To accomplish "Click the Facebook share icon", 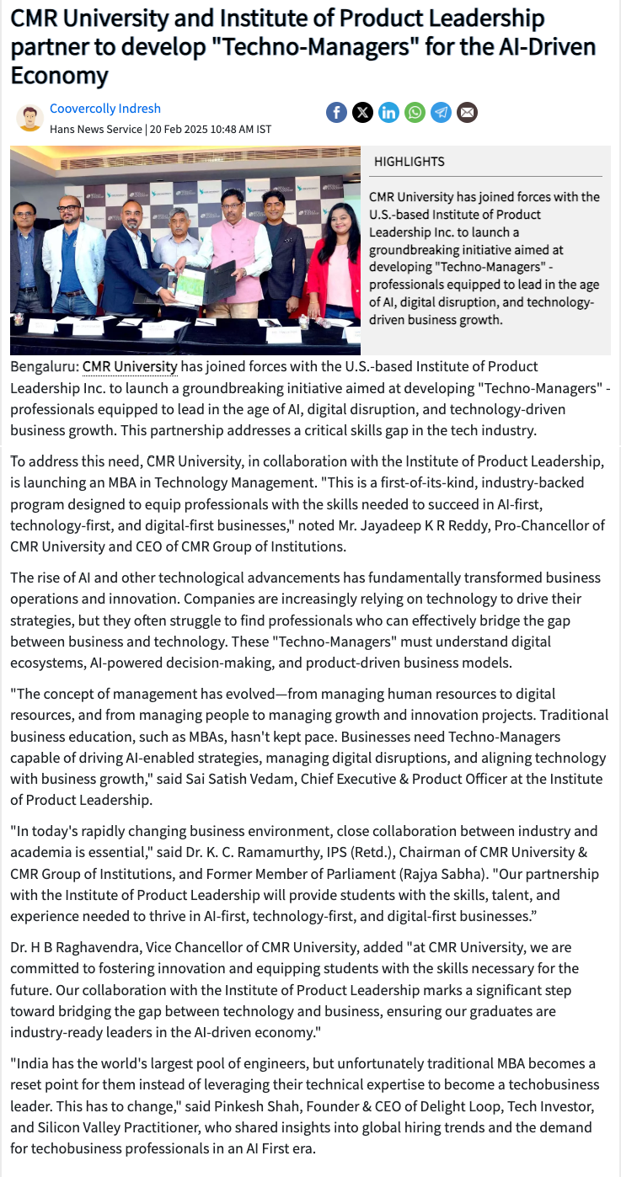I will (336, 112).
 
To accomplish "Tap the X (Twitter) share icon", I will (362, 112).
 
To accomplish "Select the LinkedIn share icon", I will (388, 112).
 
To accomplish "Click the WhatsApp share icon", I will (415, 112).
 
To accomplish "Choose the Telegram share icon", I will (441, 112).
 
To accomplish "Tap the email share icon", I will (467, 112).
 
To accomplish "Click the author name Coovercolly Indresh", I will (105, 109).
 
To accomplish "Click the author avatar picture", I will (29, 118).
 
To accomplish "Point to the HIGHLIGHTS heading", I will (409, 162).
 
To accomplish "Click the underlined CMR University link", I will (130, 367).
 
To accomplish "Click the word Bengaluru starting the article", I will (44, 367).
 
